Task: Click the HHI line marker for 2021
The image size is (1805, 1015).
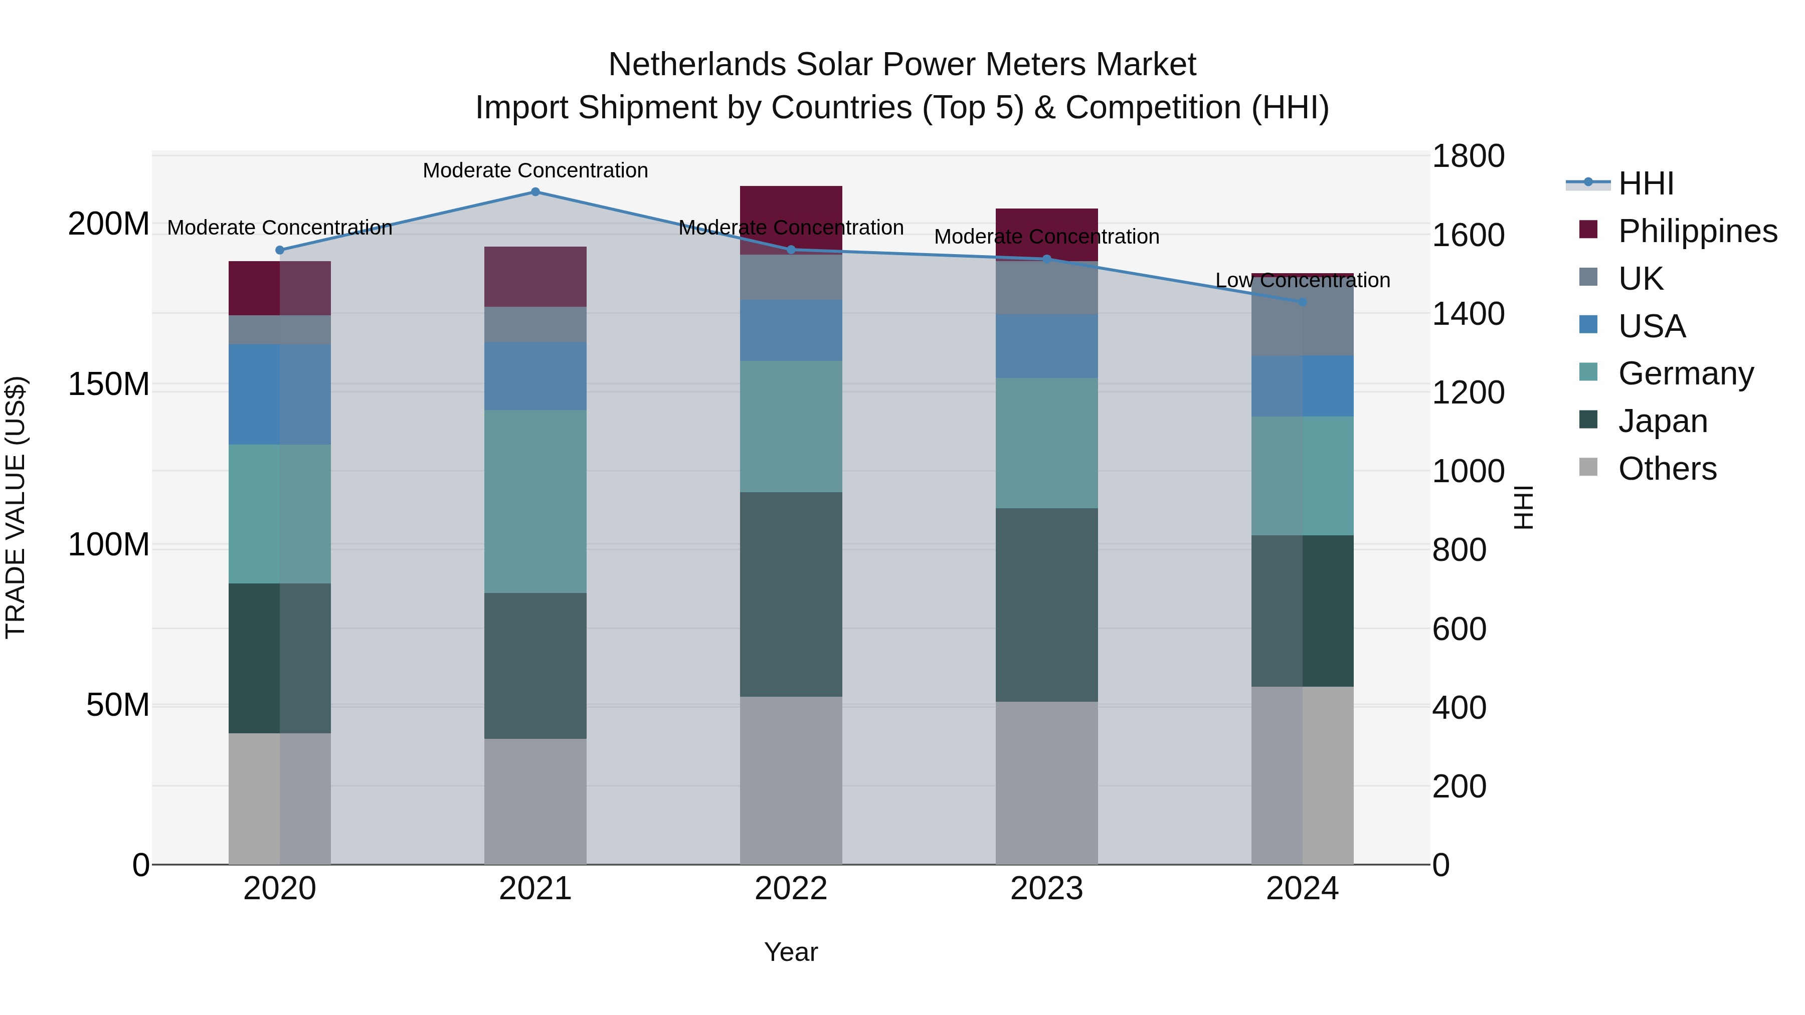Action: point(535,192)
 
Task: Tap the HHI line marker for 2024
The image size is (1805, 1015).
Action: point(1302,302)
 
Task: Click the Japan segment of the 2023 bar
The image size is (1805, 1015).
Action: point(1047,604)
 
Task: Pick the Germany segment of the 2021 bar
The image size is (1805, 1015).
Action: point(535,502)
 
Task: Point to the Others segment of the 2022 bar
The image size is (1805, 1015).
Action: point(791,780)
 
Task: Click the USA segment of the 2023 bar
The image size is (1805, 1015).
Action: point(1047,346)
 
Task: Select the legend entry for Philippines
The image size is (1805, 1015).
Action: point(1696,231)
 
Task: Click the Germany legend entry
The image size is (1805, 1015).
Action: point(1685,373)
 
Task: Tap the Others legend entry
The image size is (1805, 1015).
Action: point(1667,469)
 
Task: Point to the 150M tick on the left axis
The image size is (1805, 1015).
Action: point(109,384)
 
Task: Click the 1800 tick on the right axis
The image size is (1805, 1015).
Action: point(1468,156)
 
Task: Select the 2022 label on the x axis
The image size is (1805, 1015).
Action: point(791,889)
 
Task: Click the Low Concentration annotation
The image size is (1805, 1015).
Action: point(1302,280)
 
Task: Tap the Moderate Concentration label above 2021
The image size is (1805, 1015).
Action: point(535,170)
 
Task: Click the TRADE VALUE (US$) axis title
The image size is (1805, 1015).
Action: point(16,507)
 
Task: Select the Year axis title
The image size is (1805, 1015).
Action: point(791,952)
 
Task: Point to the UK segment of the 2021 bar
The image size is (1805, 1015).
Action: point(535,324)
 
